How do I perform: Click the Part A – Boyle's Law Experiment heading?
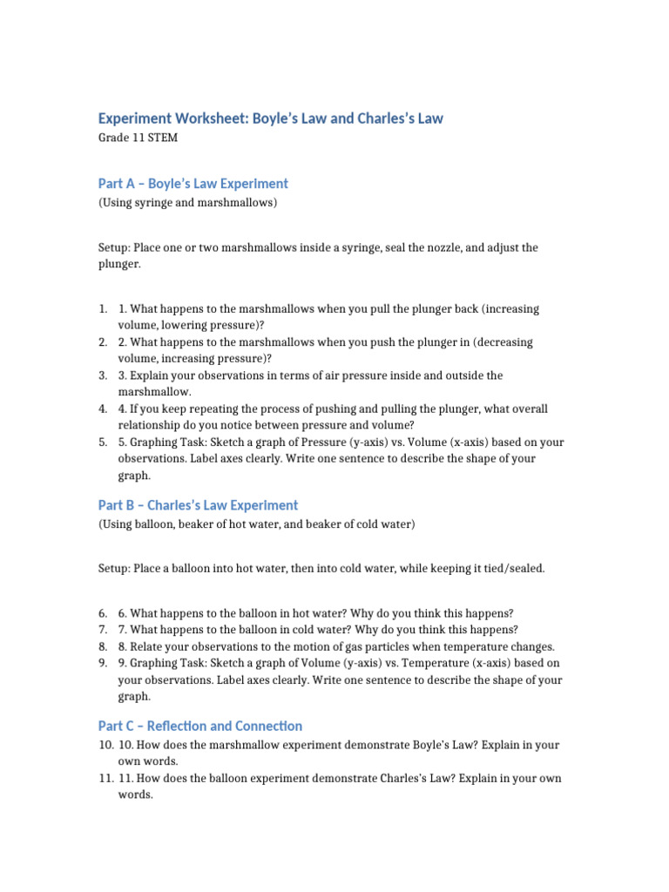[x=193, y=184]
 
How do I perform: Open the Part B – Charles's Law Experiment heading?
[x=198, y=505]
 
